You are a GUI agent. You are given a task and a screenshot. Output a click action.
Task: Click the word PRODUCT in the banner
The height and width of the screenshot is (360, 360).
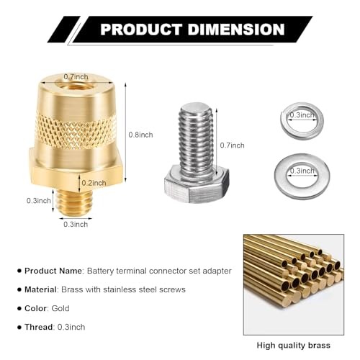tap(141, 30)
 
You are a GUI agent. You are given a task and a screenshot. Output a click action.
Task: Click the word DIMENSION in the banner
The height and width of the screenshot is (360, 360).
tap(236, 30)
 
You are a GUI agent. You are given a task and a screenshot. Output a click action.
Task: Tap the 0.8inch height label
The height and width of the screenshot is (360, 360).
tap(140, 135)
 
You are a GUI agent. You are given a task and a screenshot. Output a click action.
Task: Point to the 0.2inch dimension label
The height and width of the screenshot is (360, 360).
tap(94, 183)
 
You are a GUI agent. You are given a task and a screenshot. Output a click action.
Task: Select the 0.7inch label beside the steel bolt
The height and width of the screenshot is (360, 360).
tap(232, 145)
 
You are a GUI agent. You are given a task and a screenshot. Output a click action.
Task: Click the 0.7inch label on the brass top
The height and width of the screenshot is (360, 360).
tap(76, 77)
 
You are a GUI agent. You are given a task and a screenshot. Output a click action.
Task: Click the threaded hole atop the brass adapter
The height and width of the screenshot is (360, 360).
tap(76, 84)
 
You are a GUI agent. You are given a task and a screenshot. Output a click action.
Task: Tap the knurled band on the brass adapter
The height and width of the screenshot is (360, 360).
tap(76, 132)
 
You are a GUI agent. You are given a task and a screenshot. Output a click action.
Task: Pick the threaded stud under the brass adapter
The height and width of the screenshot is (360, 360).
tap(75, 201)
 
